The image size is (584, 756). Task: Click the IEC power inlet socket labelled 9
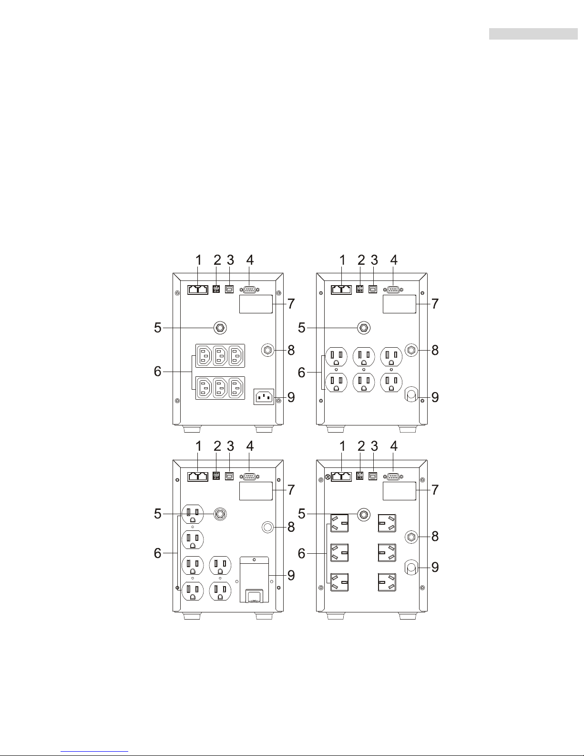coord(264,397)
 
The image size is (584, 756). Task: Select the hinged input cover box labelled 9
coord(255,579)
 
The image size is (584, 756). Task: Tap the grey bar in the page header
coord(533,34)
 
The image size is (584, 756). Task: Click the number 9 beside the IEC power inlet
coord(291,397)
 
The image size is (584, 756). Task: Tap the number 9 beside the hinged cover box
coord(291,575)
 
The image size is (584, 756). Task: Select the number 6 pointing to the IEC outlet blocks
coord(158,372)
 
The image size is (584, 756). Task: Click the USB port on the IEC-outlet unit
coord(229,289)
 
